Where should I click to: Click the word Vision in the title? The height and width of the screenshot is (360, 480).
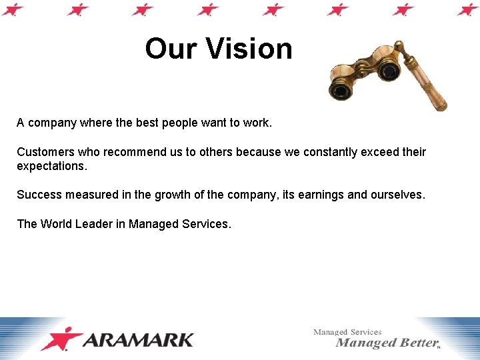click(249, 49)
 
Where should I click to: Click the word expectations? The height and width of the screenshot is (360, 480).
click(51, 166)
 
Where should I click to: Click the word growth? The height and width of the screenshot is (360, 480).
click(173, 195)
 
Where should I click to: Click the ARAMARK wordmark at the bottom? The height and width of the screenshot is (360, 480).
click(139, 340)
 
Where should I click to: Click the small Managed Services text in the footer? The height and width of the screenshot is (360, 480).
click(347, 331)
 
